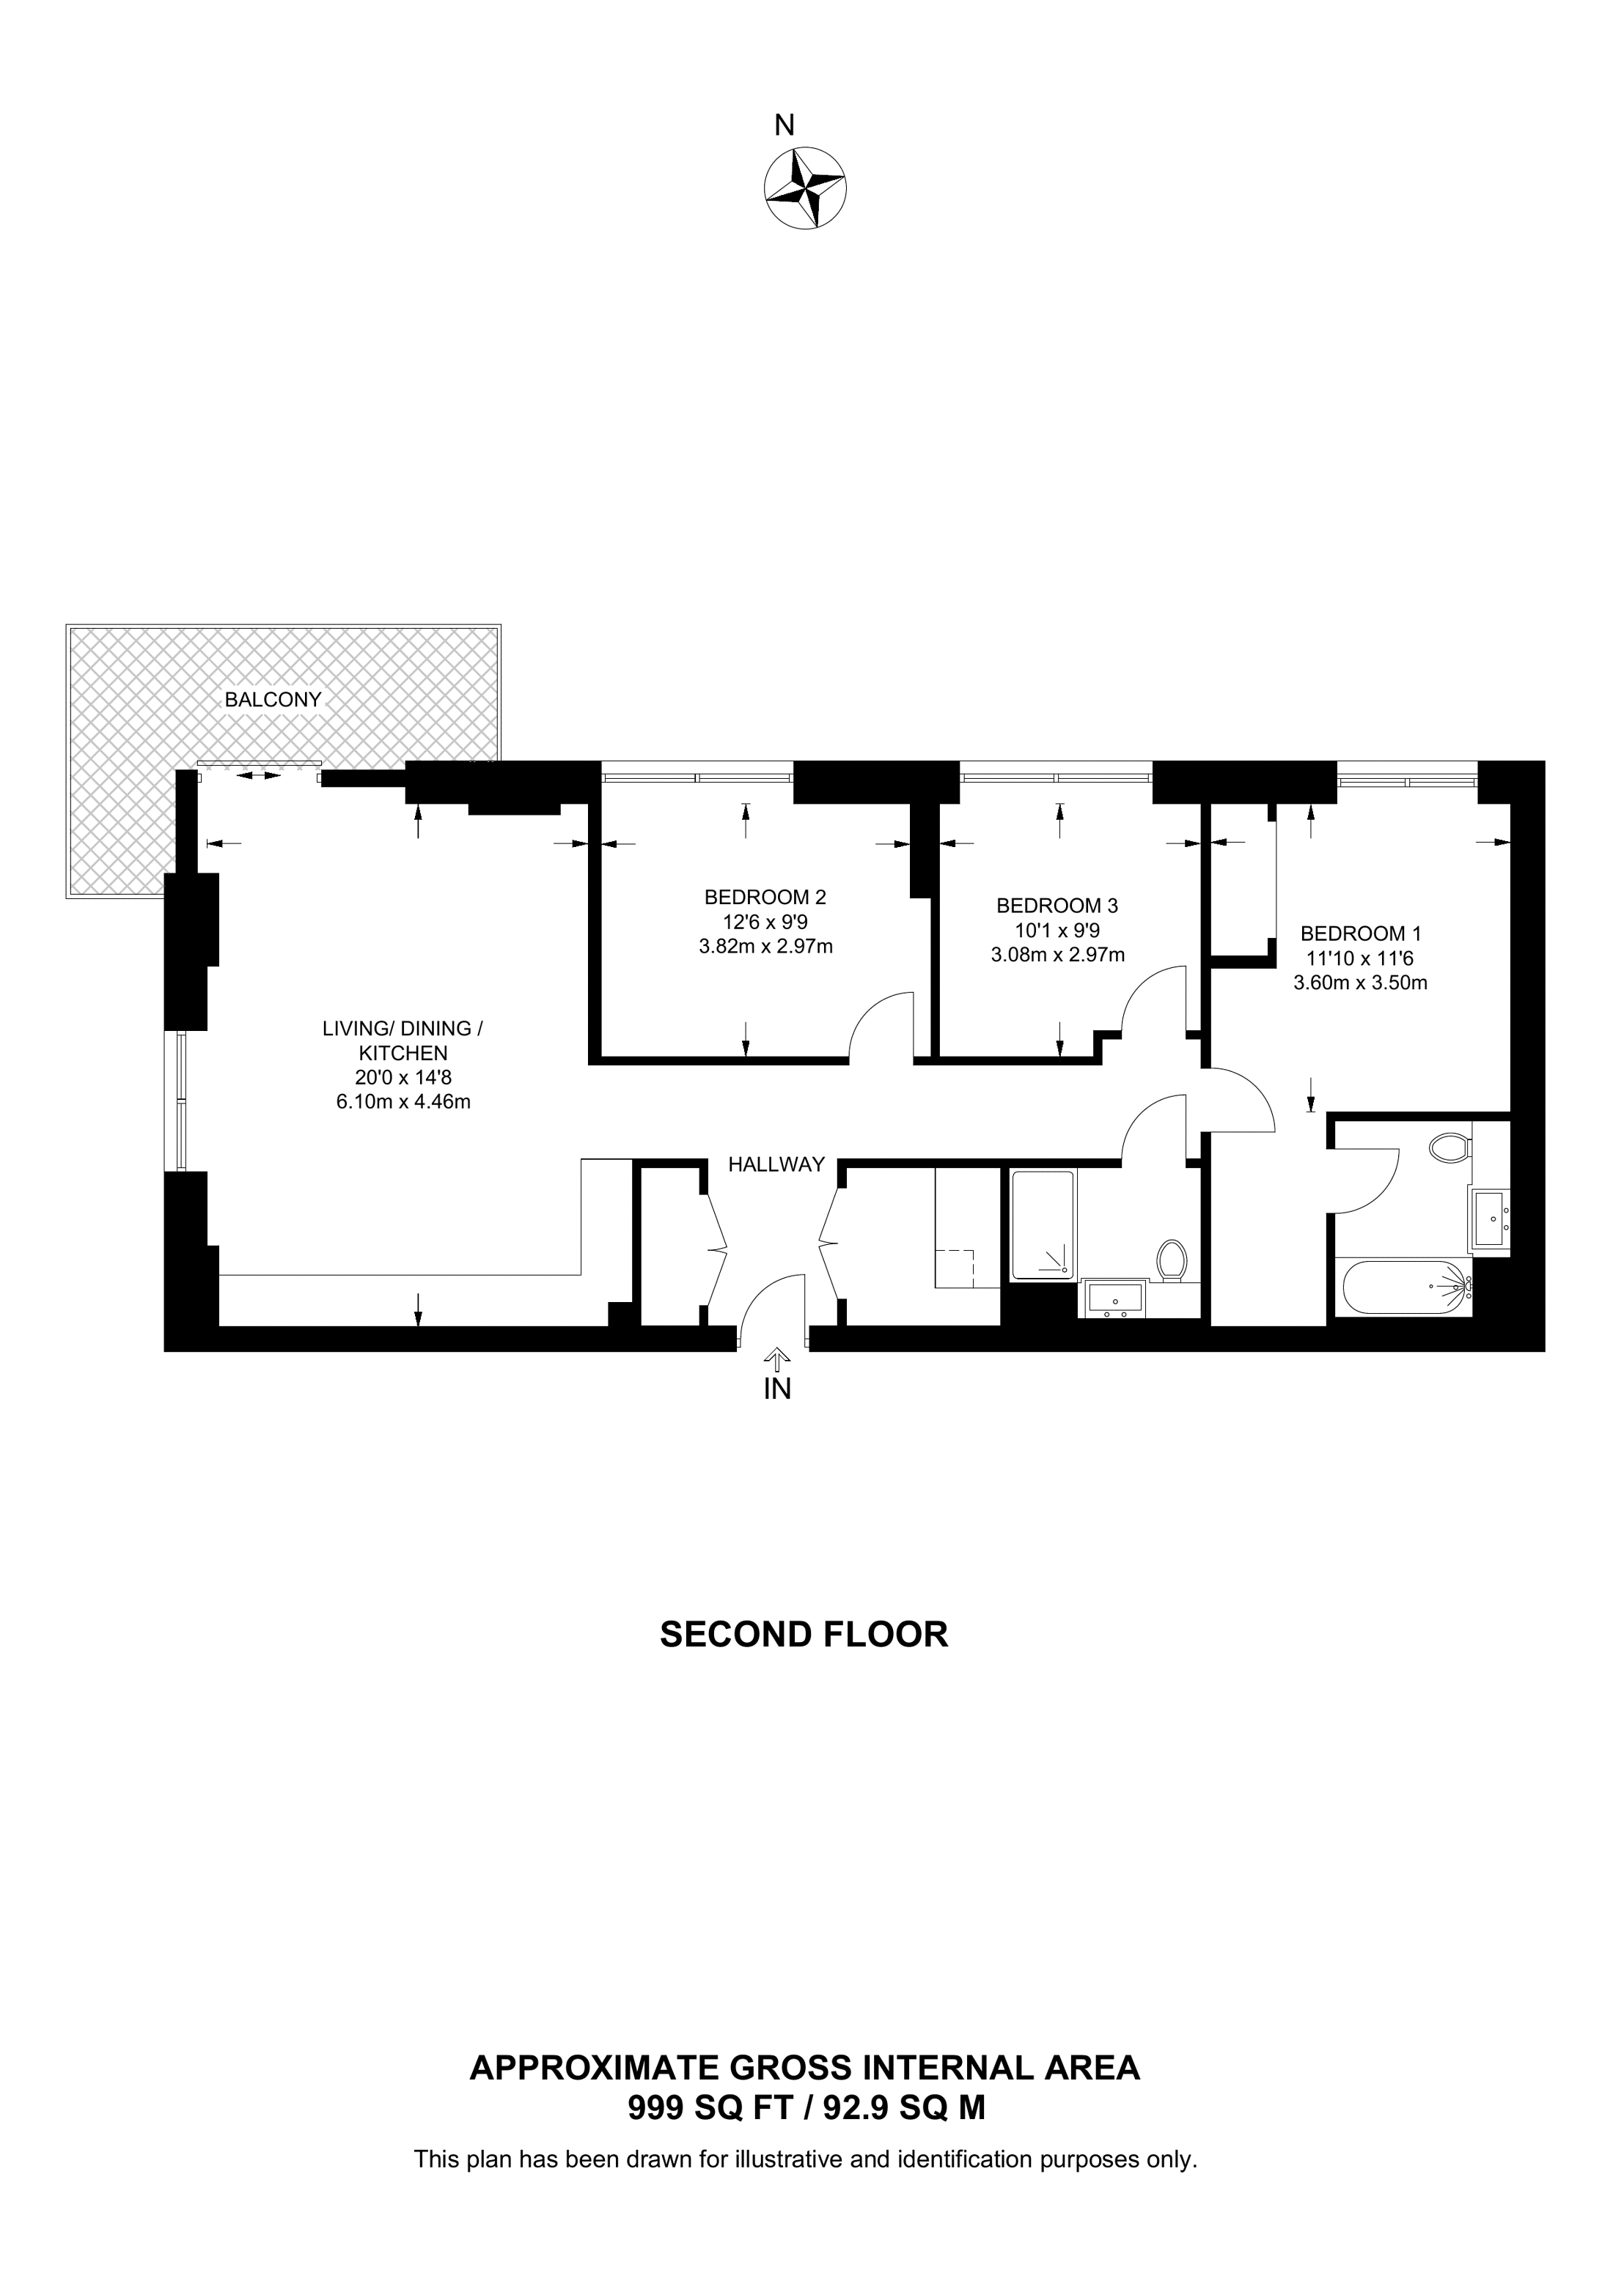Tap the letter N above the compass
coord(785,125)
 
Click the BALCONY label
coord(273,700)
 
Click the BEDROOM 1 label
coord(1361,934)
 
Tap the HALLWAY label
coord(777,1164)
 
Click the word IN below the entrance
coord(777,1391)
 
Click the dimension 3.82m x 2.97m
coord(765,947)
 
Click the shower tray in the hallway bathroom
coord(1043,1225)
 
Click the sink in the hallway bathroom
coord(1114,1298)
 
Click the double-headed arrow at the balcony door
coord(258,775)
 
